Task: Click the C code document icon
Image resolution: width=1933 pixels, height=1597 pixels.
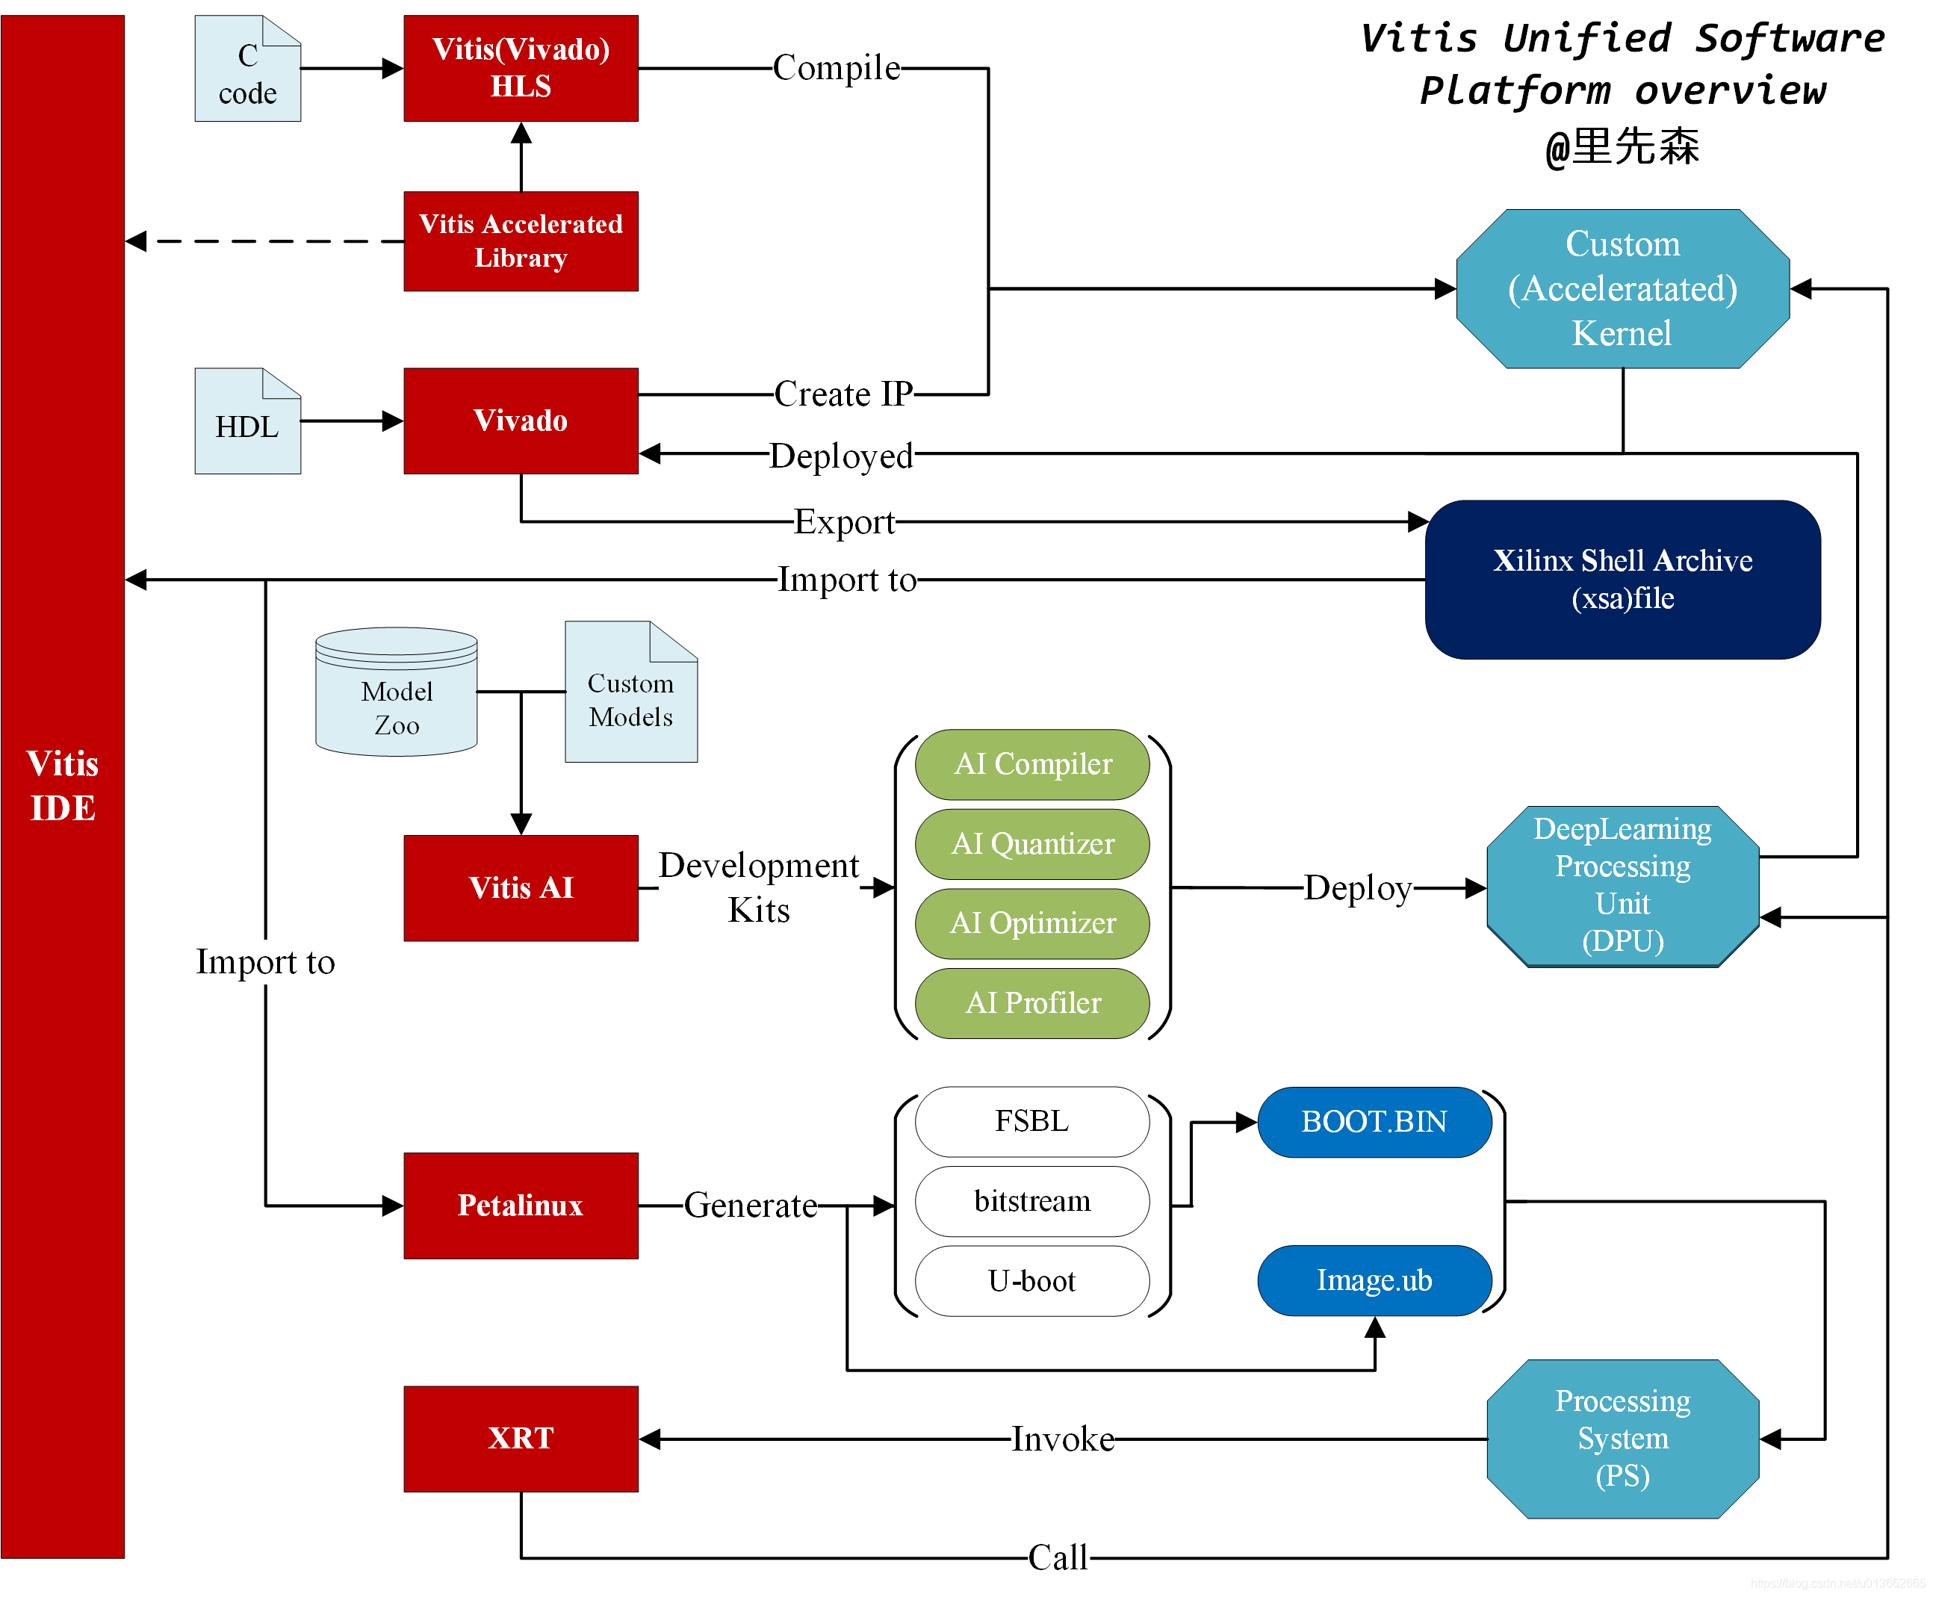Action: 246,69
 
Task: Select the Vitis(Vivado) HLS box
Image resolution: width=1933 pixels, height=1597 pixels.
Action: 520,68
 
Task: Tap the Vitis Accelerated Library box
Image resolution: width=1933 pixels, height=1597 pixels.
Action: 520,241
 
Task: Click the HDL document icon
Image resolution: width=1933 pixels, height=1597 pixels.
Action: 246,422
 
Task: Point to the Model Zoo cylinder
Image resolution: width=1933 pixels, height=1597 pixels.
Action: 396,692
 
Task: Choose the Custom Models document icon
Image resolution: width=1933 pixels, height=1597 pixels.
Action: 630,692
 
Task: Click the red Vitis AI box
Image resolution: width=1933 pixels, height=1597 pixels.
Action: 520,887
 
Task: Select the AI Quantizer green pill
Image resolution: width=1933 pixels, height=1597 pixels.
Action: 1031,843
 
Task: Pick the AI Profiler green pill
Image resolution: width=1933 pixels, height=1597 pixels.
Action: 1031,1002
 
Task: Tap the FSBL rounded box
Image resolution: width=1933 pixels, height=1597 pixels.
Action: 1031,1121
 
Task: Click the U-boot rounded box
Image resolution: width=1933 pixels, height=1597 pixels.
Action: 1031,1280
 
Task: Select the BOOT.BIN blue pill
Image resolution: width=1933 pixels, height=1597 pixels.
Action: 1374,1121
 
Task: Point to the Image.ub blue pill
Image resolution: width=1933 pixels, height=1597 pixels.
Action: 1374,1280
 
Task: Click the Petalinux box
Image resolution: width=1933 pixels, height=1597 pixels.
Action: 520,1205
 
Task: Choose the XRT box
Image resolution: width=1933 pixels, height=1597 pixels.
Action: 520,1438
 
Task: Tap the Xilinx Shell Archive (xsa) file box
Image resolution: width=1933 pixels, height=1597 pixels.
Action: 1622,580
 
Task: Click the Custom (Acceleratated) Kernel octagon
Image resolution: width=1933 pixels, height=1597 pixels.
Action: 1622,289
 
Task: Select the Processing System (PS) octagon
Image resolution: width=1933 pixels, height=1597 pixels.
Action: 1622,1438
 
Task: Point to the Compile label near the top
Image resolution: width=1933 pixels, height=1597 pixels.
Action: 835,68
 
